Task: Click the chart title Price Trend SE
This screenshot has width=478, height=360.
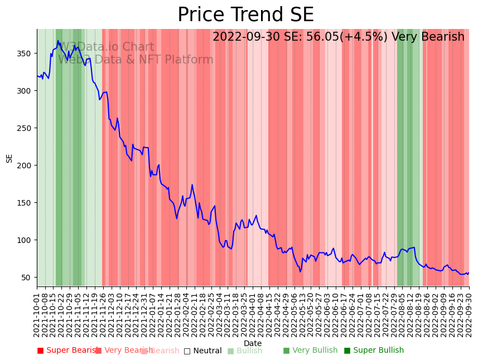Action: coord(245,15)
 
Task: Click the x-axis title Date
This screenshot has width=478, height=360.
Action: coord(253,344)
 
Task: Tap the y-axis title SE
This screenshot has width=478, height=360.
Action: coord(9,158)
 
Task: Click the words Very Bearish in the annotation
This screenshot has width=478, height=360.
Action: coord(428,37)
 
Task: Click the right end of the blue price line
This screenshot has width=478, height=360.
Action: coord(469,273)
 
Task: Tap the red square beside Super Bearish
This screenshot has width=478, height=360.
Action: coord(40,351)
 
